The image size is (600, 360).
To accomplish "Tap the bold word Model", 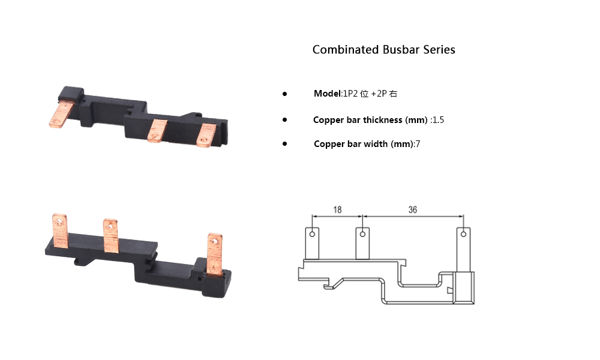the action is tap(327, 94).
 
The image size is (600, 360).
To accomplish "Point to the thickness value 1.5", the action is tap(438, 120).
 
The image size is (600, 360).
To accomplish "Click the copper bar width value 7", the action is tap(418, 144).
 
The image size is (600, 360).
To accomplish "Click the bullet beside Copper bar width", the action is tap(284, 144).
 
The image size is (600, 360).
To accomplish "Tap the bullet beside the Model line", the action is tap(284, 94).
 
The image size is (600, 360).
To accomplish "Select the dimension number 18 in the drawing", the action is tap(337, 209).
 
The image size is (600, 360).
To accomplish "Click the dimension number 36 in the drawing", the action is tap(413, 209).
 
